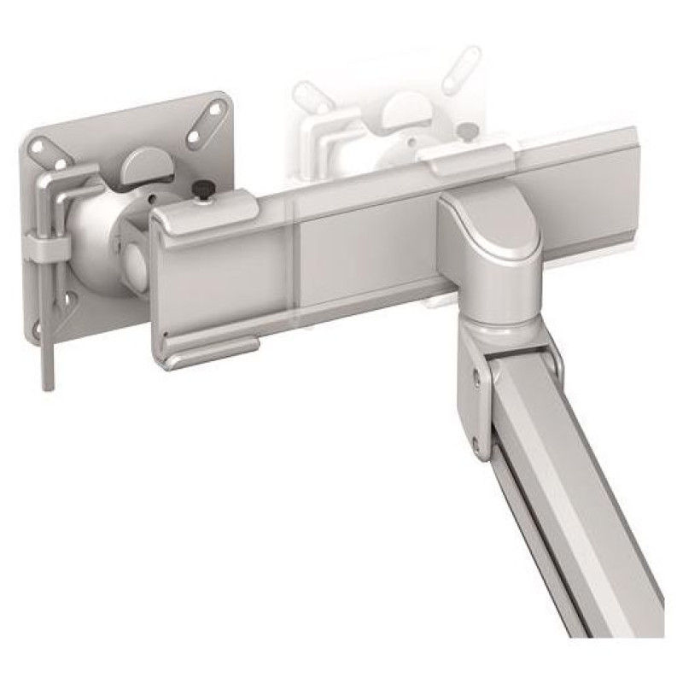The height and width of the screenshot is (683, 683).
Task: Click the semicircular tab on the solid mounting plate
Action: pyautogui.click(x=147, y=165)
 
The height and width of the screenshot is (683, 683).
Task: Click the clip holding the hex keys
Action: pyautogui.click(x=48, y=248)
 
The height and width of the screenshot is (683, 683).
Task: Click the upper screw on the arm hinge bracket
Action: pyautogui.click(x=476, y=371)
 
